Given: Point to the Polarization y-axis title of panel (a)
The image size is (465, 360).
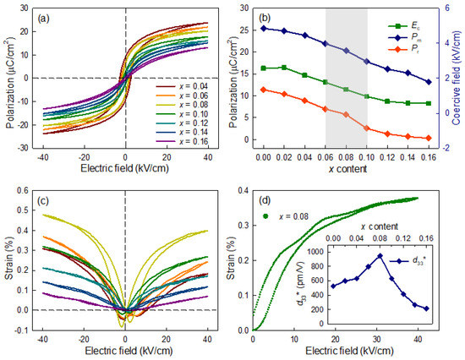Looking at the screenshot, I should click(x=9, y=78).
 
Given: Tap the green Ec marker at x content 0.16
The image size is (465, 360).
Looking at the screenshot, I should click(x=429, y=103).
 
